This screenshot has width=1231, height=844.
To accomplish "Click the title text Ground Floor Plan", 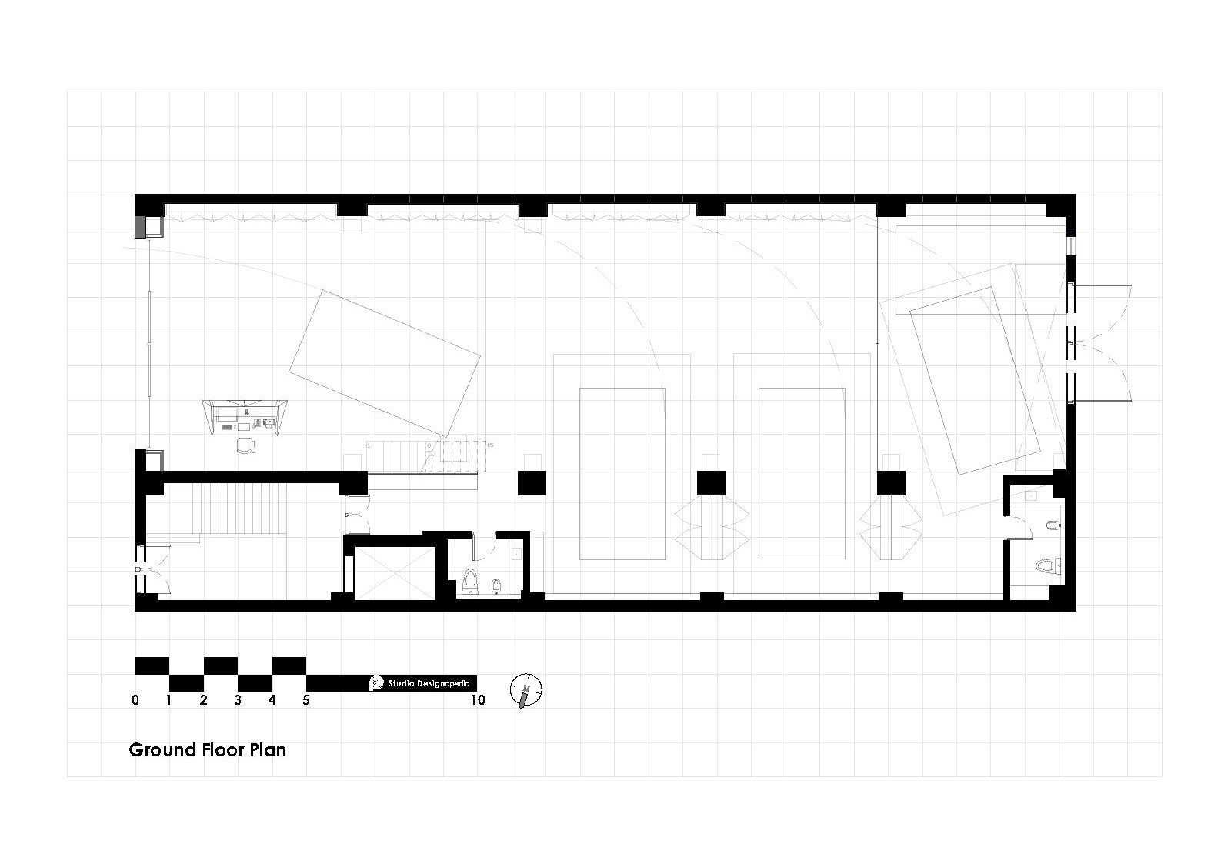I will coord(207,749).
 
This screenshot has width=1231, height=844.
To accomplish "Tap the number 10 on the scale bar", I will coord(478,700).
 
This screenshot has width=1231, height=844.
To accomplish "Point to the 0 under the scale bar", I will coord(136,700).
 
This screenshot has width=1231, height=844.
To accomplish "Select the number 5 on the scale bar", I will coord(306,700).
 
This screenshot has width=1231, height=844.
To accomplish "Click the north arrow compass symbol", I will coord(526,690).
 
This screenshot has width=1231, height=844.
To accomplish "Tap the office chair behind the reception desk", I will coord(245,445).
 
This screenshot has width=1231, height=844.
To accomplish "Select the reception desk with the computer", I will coord(245,418).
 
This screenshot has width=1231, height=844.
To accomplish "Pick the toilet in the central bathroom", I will coord(472,582).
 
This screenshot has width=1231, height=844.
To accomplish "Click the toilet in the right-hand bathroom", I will coord(1046,568).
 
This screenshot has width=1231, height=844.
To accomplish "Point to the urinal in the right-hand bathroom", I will coord(1055,527).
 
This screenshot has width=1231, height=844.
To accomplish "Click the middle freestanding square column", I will coord(711,483).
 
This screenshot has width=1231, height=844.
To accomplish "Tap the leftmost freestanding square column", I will coord(531,483).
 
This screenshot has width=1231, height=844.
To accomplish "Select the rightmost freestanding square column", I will coord(891,483).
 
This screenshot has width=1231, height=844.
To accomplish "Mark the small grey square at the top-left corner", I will coord(139,226).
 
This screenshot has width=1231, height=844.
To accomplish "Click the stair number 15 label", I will coord(489,444).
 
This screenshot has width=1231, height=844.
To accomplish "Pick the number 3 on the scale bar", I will coord(238,700).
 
